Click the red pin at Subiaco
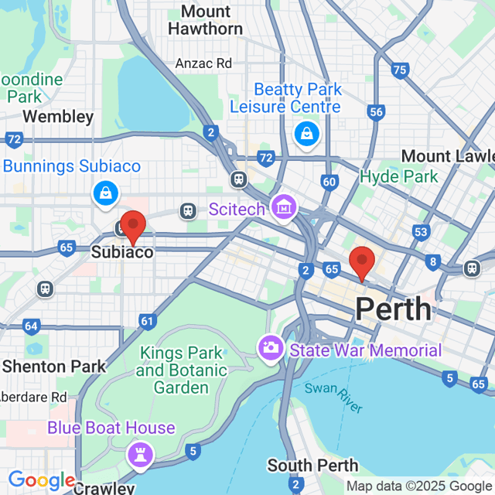tap(133, 227)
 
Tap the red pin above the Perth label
tap(361, 262)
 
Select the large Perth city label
tap(393, 309)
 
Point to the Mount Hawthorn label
tap(206, 20)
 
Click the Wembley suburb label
tap(58, 117)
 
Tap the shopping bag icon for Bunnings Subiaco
tap(104, 193)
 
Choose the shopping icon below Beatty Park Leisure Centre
tap(307, 133)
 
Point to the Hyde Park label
tap(399, 176)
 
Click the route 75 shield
tap(399, 70)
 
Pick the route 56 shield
tap(377, 112)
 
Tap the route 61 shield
tap(148, 320)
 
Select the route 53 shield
tap(421, 232)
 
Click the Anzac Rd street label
tap(203, 63)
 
